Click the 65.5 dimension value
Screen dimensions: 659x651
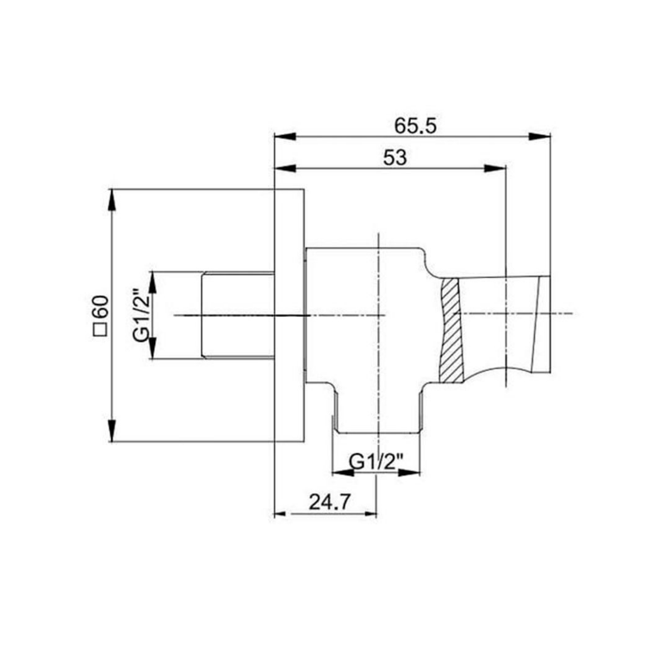click(x=415, y=126)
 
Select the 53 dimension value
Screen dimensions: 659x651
click(x=395, y=158)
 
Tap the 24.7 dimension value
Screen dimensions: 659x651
click(x=329, y=501)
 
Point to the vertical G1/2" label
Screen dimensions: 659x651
click(x=140, y=315)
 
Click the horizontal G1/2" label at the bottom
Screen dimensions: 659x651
click(x=376, y=462)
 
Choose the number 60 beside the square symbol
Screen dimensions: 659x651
click(x=101, y=307)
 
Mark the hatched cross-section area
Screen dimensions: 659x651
click(x=451, y=330)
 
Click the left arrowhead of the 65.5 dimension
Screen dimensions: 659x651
click(x=285, y=137)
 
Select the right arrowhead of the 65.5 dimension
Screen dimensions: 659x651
click(x=539, y=137)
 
